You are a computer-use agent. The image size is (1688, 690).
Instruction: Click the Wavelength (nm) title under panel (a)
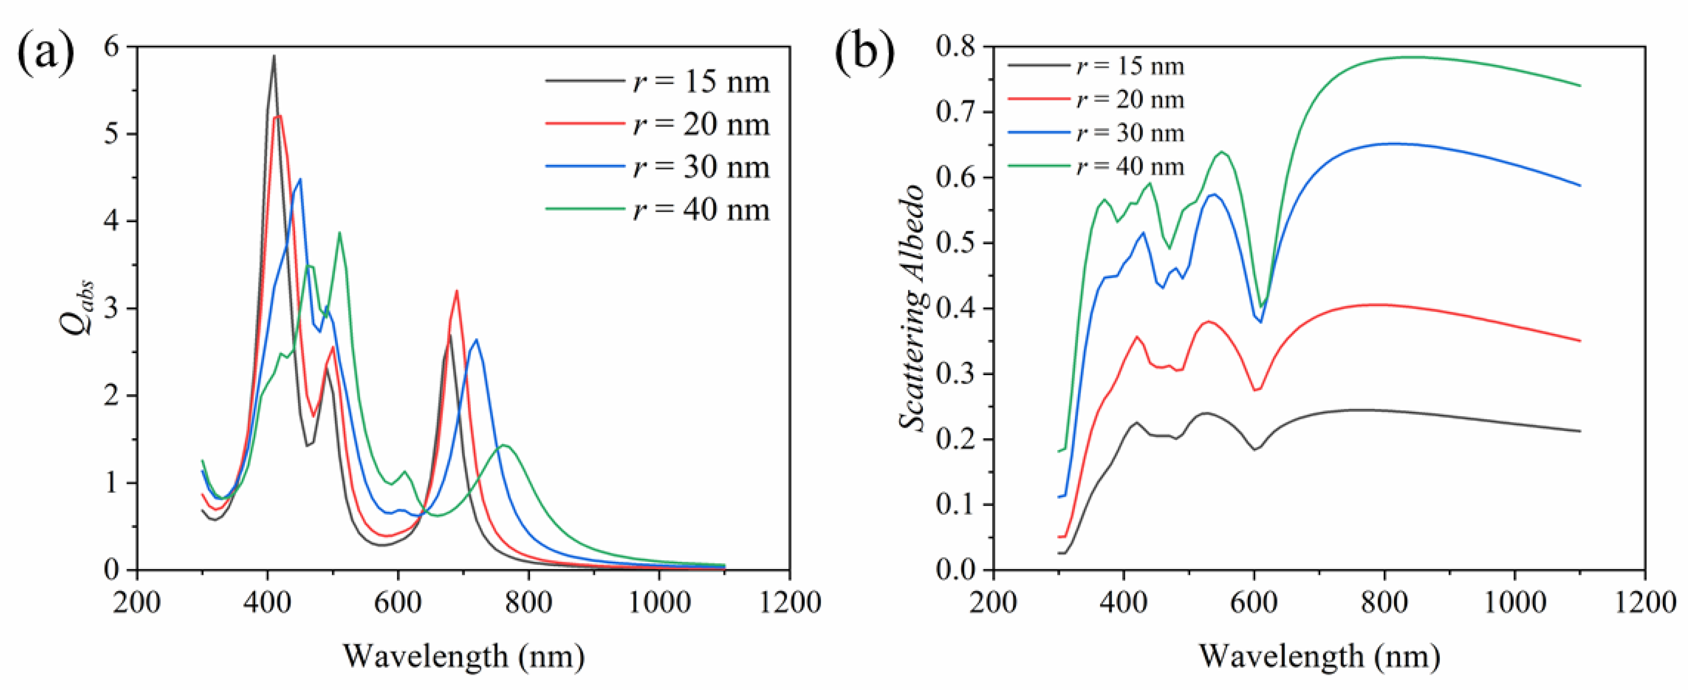click(x=463, y=656)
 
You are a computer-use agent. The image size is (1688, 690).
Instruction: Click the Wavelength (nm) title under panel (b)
click(x=1320, y=656)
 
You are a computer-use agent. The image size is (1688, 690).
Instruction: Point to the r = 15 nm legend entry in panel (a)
click(x=659, y=82)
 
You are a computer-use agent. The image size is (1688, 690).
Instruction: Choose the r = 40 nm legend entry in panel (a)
click(x=659, y=210)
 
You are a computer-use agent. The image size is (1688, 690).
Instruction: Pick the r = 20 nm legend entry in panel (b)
click(x=1097, y=100)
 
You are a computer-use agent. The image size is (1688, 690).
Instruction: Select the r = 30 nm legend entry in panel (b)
click(x=1097, y=133)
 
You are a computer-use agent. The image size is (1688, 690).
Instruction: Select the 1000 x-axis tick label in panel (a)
click(x=659, y=602)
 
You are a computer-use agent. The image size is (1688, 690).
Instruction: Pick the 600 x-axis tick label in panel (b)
click(x=1253, y=602)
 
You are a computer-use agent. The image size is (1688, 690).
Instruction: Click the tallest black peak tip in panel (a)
click(x=274, y=56)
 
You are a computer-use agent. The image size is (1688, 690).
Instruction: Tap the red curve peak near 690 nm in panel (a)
click(x=457, y=291)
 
